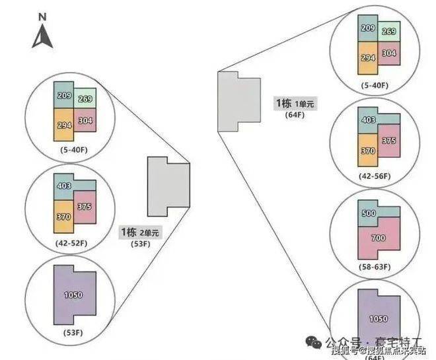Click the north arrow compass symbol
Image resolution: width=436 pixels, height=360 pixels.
pos(43,36)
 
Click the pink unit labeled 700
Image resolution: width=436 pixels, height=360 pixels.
pos(379,237)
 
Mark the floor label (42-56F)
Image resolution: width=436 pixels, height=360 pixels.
pos(373,176)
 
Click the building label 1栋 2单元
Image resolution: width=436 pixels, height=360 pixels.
pos(139,233)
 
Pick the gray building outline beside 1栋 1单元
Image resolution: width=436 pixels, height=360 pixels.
pos(238,102)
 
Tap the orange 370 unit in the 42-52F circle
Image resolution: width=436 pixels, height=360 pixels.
pos(63,216)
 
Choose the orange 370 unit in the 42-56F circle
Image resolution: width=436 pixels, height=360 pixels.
pos(369,151)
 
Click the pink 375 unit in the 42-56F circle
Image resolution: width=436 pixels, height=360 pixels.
pos(389,140)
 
